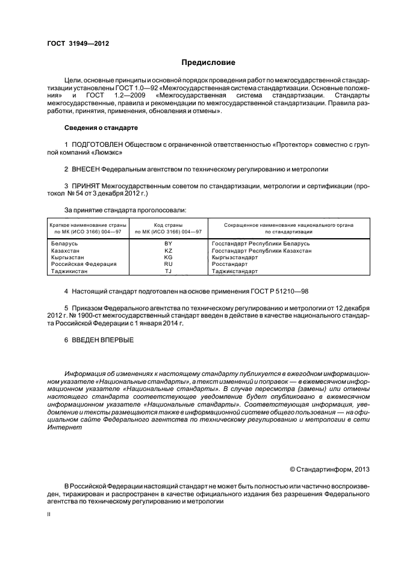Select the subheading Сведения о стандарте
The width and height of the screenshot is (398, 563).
[x=101, y=128]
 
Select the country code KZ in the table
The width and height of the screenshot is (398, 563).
[x=168, y=250]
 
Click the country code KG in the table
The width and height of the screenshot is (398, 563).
[x=168, y=257]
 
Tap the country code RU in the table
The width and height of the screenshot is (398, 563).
[x=168, y=264]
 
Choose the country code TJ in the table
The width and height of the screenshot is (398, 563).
[x=168, y=271]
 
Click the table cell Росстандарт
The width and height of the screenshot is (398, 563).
[x=229, y=264]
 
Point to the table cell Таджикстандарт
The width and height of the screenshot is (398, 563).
[x=236, y=271]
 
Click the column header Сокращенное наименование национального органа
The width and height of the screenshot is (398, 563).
[x=288, y=224]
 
